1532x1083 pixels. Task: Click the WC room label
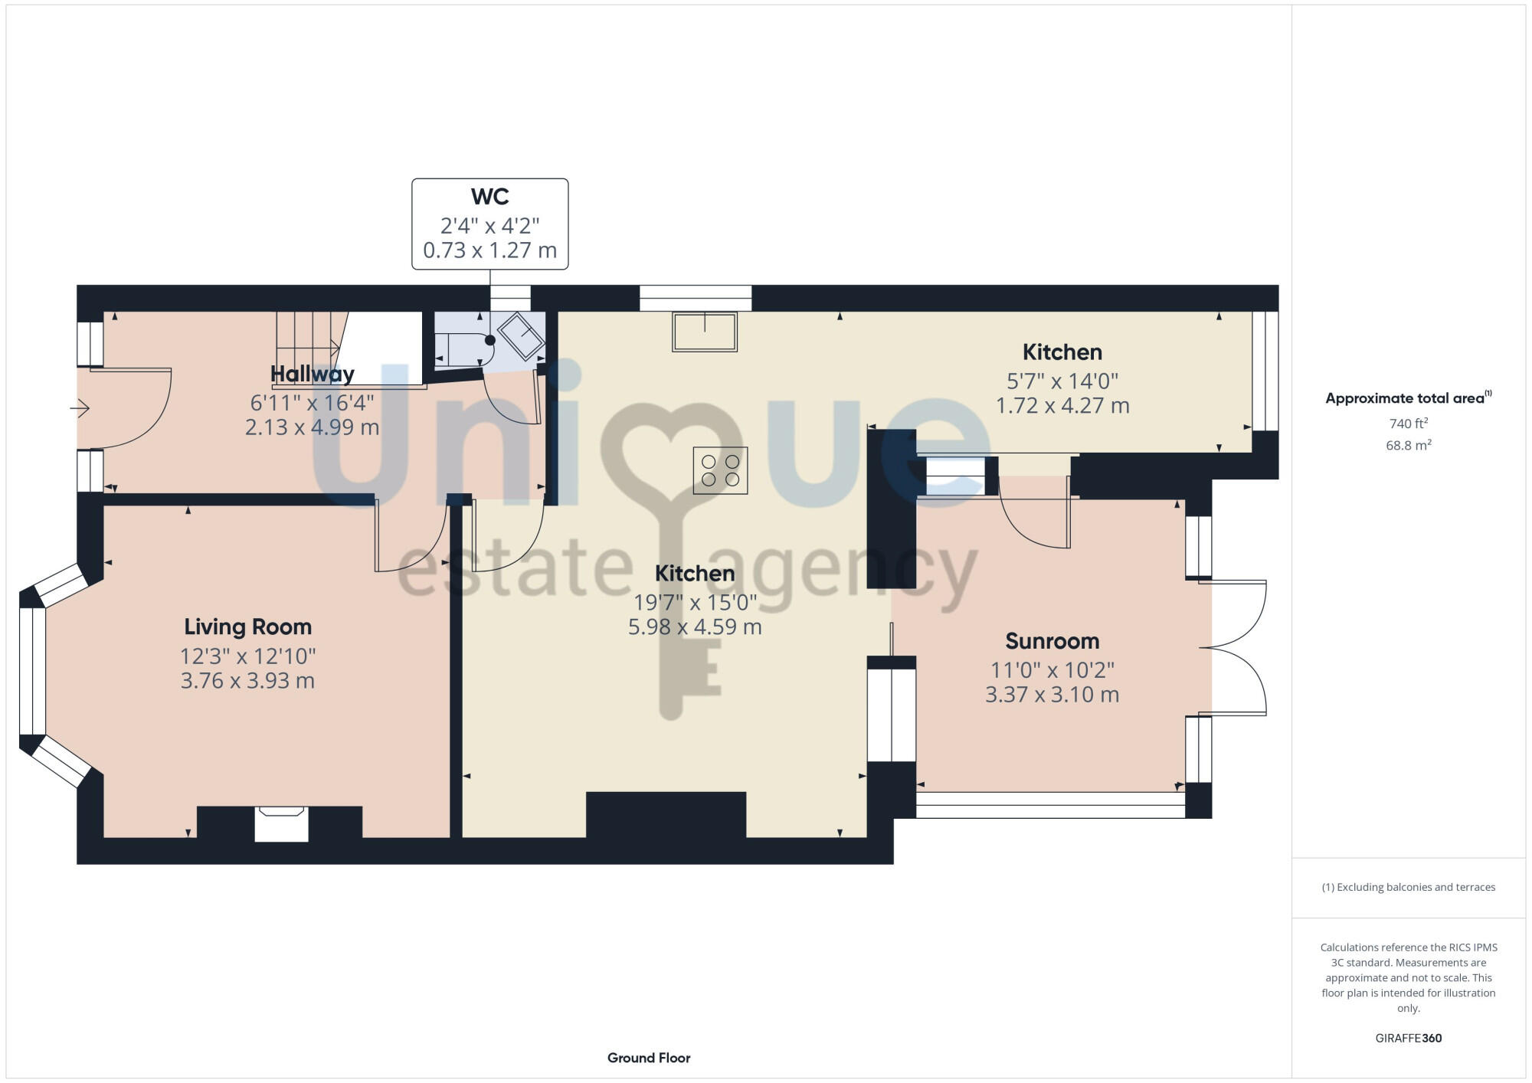(x=489, y=197)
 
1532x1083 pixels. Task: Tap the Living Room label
(x=247, y=627)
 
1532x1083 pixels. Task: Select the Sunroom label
(x=1052, y=640)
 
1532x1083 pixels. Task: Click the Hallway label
(x=313, y=374)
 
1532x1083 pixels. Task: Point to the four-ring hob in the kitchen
(x=720, y=470)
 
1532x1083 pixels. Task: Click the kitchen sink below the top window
(x=704, y=332)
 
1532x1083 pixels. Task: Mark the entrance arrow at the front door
(x=80, y=408)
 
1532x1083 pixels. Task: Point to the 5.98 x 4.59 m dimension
(x=695, y=627)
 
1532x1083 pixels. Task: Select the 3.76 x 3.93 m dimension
(x=247, y=680)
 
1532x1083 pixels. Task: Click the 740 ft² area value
(x=1408, y=423)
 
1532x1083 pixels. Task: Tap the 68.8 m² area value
(x=1408, y=445)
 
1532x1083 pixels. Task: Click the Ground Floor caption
(x=649, y=1058)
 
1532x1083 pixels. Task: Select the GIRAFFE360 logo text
(x=1408, y=1038)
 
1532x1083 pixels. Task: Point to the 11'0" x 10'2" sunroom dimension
(x=1052, y=670)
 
